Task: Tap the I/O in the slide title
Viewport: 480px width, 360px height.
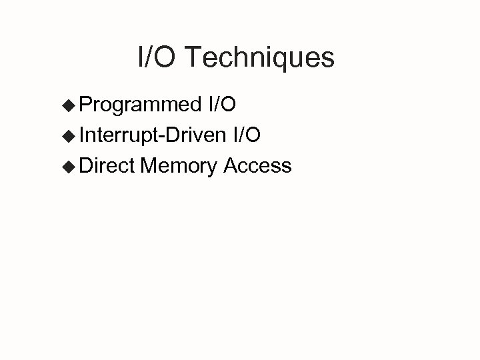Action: click(156, 58)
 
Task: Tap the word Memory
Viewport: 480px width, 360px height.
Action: click(179, 165)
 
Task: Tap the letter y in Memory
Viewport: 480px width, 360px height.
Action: click(211, 168)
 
